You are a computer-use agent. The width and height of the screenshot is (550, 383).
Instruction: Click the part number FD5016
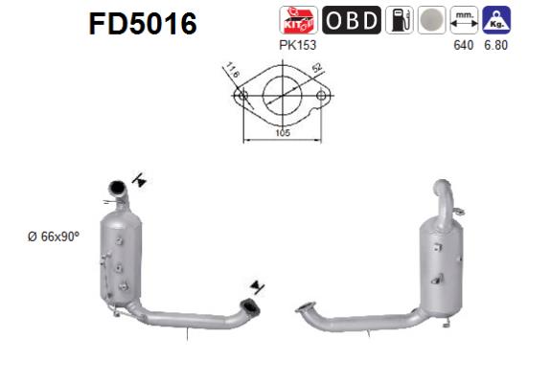click(x=142, y=23)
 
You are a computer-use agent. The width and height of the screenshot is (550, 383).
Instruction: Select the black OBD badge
click(x=351, y=19)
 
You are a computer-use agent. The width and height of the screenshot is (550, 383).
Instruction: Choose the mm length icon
click(x=465, y=19)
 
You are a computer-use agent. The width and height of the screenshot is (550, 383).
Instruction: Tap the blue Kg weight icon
click(x=496, y=18)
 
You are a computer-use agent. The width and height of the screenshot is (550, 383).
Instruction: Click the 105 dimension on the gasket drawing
click(x=282, y=134)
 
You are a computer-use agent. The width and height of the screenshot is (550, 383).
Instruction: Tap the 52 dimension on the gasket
click(x=316, y=70)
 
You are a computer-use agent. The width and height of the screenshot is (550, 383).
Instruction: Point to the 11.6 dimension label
click(x=232, y=71)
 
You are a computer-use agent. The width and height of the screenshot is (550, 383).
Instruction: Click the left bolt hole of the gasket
click(x=242, y=96)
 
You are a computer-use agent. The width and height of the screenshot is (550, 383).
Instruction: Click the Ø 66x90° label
click(x=56, y=237)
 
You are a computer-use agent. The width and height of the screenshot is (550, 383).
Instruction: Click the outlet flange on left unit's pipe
click(x=250, y=305)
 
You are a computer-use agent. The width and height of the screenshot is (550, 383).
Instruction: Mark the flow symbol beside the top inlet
click(x=140, y=179)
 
